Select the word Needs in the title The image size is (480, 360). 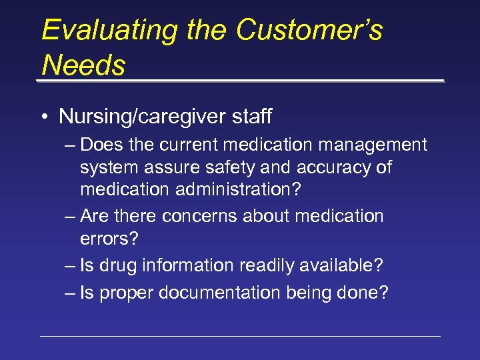tap(83, 65)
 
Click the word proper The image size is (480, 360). tap(124, 292)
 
